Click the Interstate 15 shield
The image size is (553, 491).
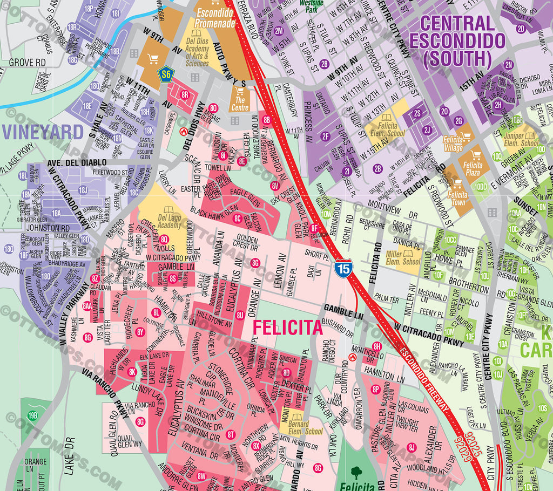(341, 268)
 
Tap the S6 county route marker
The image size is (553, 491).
(165, 74)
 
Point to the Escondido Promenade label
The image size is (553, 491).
(215, 18)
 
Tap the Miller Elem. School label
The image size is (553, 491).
(403, 257)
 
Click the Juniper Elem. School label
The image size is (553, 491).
(521, 140)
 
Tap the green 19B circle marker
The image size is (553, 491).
(33, 415)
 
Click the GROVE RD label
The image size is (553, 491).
(27, 63)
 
